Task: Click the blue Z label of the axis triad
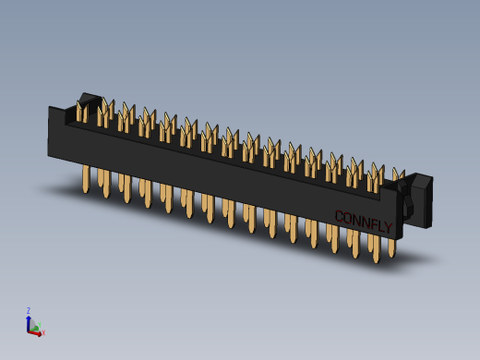(28, 311)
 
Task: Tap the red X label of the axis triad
(42, 332)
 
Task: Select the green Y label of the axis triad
(37, 324)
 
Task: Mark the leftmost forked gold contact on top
(82, 113)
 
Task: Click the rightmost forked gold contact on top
(398, 174)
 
